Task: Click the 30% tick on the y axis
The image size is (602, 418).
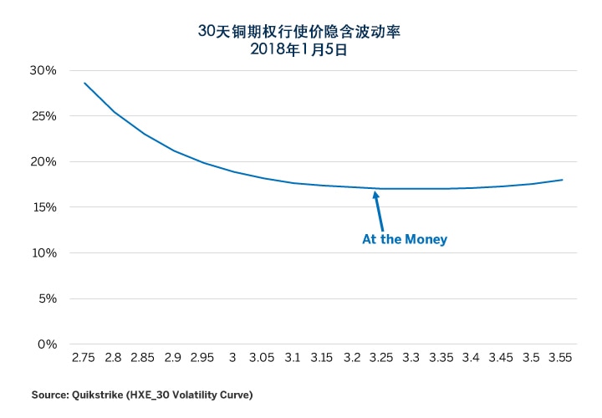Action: click(x=43, y=70)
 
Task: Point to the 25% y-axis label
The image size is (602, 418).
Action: click(x=43, y=116)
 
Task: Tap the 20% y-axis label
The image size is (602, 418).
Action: click(x=43, y=161)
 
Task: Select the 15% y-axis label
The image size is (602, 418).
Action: click(x=43, y=207)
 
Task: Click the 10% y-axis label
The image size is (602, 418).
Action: click(x=43, y=252)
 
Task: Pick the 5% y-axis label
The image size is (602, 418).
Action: click(x=47, y=298)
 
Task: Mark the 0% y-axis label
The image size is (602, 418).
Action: click(x=47, y=344)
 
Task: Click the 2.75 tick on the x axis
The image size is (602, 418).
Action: click(x=84, y=358)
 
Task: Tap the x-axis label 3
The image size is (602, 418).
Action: click(x=232, y=358)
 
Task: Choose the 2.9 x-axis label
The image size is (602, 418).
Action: click(x=173, y=358)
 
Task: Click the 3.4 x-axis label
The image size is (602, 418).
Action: click(x=472, y=358)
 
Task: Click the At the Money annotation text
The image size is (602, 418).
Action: click(x=405, y=240)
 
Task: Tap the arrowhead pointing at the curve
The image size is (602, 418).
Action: click(x=376, y=195)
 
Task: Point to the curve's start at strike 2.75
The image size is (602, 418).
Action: click(x=84, y=83)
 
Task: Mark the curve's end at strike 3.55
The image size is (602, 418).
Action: click(x=562, y=180)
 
